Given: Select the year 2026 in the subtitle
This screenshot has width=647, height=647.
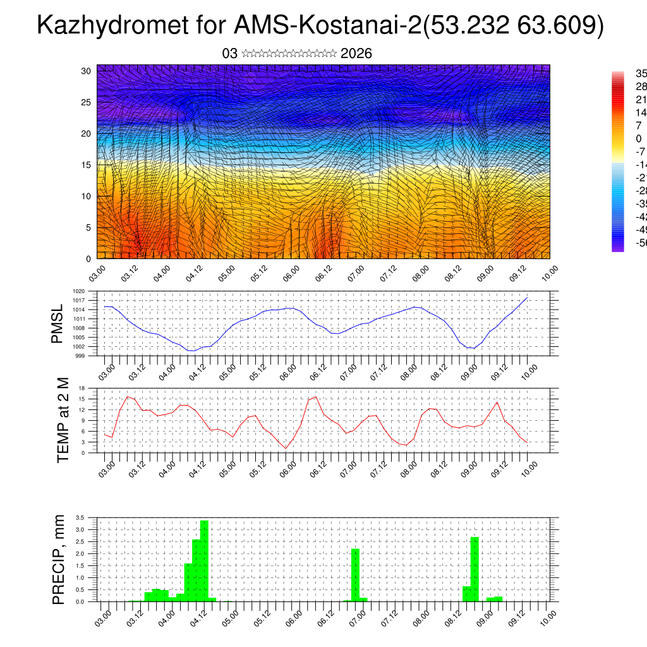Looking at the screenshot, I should point(356,54).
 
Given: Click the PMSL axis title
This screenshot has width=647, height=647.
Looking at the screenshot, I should point(57,323).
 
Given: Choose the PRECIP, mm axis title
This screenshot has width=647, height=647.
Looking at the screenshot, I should point(58,560).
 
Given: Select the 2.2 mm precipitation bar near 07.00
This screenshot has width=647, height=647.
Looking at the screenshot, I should point(356,575).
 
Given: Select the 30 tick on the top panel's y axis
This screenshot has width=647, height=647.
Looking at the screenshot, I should point(87,71).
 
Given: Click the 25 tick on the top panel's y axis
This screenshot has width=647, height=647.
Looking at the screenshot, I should point(87,102).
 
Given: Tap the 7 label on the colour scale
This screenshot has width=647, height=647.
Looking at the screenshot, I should point(639,125).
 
